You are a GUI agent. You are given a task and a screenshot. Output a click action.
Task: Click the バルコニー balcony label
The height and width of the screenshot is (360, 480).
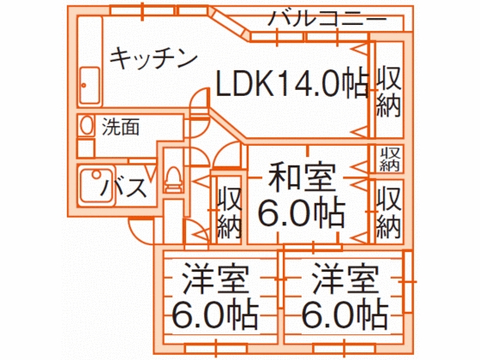[327, 19]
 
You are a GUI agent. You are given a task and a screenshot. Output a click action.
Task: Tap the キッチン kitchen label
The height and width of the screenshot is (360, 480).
[153, 58]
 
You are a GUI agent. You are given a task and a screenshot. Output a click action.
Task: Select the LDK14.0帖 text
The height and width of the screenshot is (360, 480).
[292, 84]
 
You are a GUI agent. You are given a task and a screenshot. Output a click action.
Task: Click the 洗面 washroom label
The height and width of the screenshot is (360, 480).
[121, 127]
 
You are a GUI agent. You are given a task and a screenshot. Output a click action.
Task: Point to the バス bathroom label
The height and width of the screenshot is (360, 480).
[123, 188]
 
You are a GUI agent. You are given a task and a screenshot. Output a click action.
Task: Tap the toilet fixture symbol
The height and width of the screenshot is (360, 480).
[173, 179]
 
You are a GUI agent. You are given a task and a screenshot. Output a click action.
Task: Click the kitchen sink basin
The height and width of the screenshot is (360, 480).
[90, 86]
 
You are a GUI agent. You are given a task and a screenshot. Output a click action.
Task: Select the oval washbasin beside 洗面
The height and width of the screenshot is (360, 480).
[87, 125]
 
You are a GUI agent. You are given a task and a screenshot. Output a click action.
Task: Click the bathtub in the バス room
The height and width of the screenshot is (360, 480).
[97, 185]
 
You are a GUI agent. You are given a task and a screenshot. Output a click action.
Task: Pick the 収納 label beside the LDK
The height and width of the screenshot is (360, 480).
[388, 92]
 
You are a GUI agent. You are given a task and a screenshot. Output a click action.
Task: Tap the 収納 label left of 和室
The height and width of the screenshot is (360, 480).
[230, 213]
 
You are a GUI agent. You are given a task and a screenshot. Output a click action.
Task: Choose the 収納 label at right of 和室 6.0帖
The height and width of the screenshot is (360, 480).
[388, 213]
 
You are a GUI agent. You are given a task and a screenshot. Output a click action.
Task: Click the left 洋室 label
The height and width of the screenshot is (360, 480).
[215, 279]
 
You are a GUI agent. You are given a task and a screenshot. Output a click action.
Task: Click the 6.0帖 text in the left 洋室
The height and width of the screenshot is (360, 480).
[215, 315]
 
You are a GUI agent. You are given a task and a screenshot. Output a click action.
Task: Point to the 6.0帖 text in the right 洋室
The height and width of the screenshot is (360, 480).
[345, 315]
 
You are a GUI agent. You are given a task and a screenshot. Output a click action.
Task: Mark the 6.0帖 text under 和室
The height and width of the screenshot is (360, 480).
[302, 212]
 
